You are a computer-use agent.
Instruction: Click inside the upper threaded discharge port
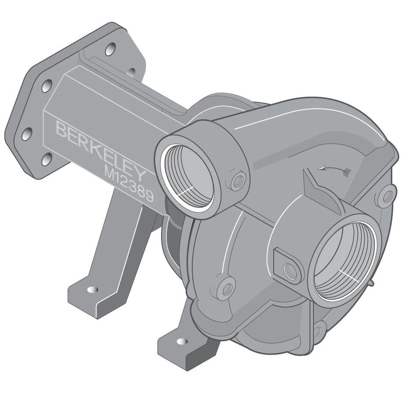coord(190,176)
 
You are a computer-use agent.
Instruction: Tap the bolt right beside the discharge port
coord(238,180)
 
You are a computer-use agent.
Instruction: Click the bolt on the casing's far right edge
coord(386,196)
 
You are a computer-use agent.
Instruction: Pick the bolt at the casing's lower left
coord(227,289)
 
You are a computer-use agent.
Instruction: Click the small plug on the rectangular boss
coord(290,270)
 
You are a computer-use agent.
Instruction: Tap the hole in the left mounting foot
coord(92,290)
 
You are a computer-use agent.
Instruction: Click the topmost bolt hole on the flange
coord(110,49)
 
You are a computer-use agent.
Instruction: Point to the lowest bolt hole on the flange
coord(47,159)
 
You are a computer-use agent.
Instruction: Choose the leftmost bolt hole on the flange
coord(27,133)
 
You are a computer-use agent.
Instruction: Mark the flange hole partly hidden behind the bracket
coord(131,72)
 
